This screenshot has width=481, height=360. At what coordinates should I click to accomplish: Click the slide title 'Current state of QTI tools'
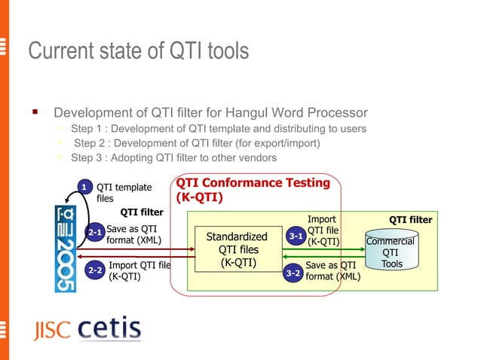[138, 51]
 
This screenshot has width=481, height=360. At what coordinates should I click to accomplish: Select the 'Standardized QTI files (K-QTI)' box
[237, 249]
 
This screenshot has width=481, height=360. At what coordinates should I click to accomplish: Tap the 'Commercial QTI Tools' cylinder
[391, 252]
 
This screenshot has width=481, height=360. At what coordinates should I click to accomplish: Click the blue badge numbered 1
[86, 187]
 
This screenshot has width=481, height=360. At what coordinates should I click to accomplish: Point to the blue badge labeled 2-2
[95, 270]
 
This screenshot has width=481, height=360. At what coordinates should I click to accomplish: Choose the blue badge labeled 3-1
[296, 236]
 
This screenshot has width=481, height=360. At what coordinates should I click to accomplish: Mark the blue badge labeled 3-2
[293, 273]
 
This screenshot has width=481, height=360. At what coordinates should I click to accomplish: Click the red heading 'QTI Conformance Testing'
[253, 183]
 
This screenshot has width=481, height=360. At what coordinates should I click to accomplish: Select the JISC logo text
[51, 331]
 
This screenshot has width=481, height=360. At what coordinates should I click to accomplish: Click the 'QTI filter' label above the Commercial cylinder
[410, 220]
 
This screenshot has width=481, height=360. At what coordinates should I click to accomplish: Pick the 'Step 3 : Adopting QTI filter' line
[173, 157]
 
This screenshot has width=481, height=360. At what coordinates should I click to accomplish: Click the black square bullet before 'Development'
[35, 113]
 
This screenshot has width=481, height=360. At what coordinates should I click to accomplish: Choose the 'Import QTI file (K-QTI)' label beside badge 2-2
[139, 270]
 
